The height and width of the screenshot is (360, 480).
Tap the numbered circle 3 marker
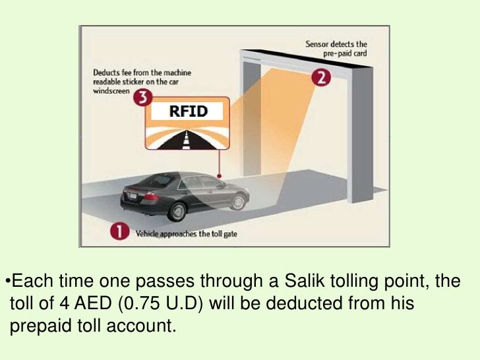point(142,100)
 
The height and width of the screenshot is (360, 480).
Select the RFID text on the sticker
point(187,111)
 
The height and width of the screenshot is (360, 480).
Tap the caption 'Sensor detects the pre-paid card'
point(336,49)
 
